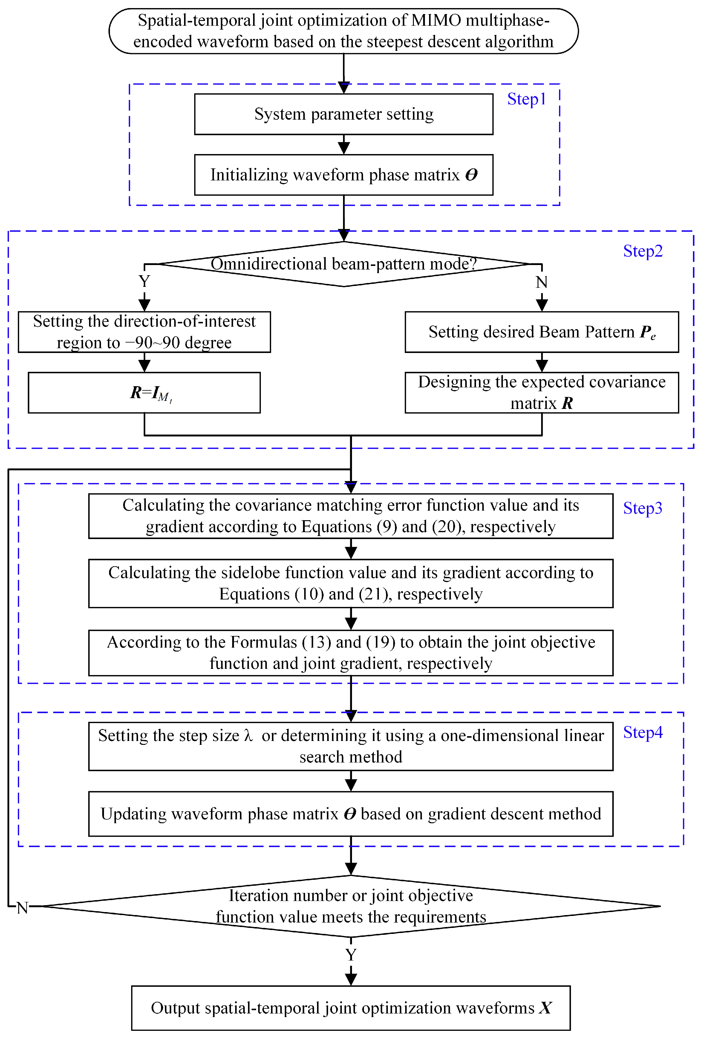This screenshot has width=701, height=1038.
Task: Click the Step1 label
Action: (526, 99)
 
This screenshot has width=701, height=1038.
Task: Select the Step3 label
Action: (642, 508)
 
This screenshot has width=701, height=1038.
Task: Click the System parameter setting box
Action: (344, 114)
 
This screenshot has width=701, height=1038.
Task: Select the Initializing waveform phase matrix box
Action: (344, 175)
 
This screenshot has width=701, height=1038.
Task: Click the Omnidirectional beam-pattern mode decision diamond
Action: (344, 264)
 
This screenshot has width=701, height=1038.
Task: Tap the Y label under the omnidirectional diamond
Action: (144, 281)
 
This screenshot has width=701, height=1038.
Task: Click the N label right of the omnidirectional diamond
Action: (541, 282)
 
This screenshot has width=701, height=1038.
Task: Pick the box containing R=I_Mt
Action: (144, 392)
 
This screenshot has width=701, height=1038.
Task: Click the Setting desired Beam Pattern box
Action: (541, 332)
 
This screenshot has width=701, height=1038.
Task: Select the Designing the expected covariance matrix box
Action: (541, 392)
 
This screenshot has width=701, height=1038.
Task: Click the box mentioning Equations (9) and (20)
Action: (351, 516)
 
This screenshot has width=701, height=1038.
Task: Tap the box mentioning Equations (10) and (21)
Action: (351, 583)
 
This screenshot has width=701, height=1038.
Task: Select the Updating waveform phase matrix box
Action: (351, 814)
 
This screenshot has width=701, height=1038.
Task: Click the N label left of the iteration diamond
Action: (22, 908)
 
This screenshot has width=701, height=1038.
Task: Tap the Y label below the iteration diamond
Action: (351, 955)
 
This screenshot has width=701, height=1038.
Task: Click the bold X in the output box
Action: (545, 1008)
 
